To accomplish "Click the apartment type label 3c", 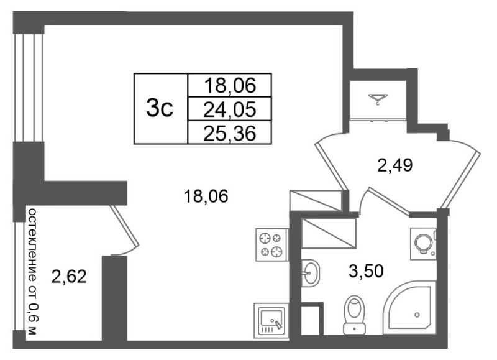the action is [160, 108].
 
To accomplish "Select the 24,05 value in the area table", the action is [229, 110].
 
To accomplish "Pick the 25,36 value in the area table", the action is [229, 133].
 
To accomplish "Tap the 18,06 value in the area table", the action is [229, 86].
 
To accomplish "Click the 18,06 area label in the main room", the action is [206, 196].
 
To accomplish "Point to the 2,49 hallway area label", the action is [394, 165].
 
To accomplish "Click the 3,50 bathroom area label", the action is [366, 272].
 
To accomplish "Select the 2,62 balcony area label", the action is [69, 276].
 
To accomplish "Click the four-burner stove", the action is [271, 244].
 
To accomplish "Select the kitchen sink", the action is [271, 320].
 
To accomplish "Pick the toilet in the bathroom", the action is [354, 315].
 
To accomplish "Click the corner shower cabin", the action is [409, 307].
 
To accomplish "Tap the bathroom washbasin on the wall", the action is [310, 273].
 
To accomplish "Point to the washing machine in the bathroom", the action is [424, 243].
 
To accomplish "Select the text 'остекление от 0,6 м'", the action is [33, 272].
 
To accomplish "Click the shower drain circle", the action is [417, 315].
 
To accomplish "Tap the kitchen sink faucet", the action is [278, 324].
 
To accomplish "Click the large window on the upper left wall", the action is [29, 87].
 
